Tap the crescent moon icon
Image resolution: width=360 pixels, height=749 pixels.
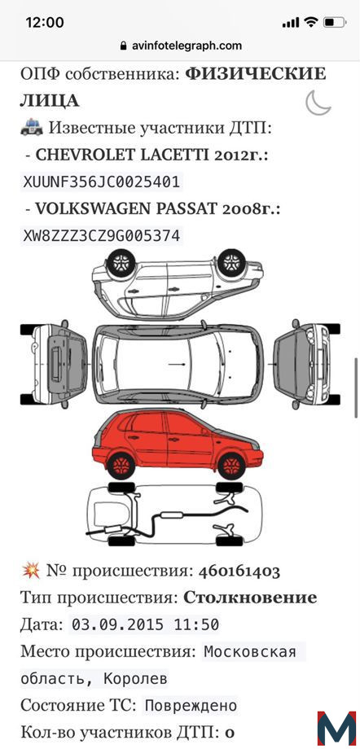pyautogui.click(x=318, y=103)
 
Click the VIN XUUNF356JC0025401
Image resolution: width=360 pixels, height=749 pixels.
pyautogui.click(x=101, y=182)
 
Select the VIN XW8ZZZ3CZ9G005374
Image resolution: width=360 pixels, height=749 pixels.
pyautogui.click(x=101, y=236)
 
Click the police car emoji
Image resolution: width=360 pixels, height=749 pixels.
pyautogui.click(x=32, y=128)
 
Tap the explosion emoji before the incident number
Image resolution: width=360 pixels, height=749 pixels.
pyautogui.click(x=31, y=571)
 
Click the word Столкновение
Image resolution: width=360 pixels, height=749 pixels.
pyautogui.click(x=250, y=598)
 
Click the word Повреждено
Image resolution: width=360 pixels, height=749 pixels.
pyautogui.click(x=191, y=705)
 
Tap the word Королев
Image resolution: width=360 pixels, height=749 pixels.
pyautogui.click(x=136, y=678)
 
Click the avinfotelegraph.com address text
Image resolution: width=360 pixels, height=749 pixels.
pyautogui.click(x=187, y=46)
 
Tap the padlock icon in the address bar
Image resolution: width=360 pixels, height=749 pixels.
pyautogui.click(x=124, y=46)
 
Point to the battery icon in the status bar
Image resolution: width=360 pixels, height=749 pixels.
pyautogui.click(x=335, y=22)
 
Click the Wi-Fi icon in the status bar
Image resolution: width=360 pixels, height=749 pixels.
pyautogui.click(x=311, y=22)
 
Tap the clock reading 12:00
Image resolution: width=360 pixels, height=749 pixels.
pyautogui.click(x=45, y=22)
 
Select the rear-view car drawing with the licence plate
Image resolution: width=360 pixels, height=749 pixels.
pyautogui.click(x=54, y=364)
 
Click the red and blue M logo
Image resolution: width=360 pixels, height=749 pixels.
pyautogui.click(x=336, y=729)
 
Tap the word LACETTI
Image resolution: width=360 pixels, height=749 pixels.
pyautogui.click(x=167, y=155)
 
